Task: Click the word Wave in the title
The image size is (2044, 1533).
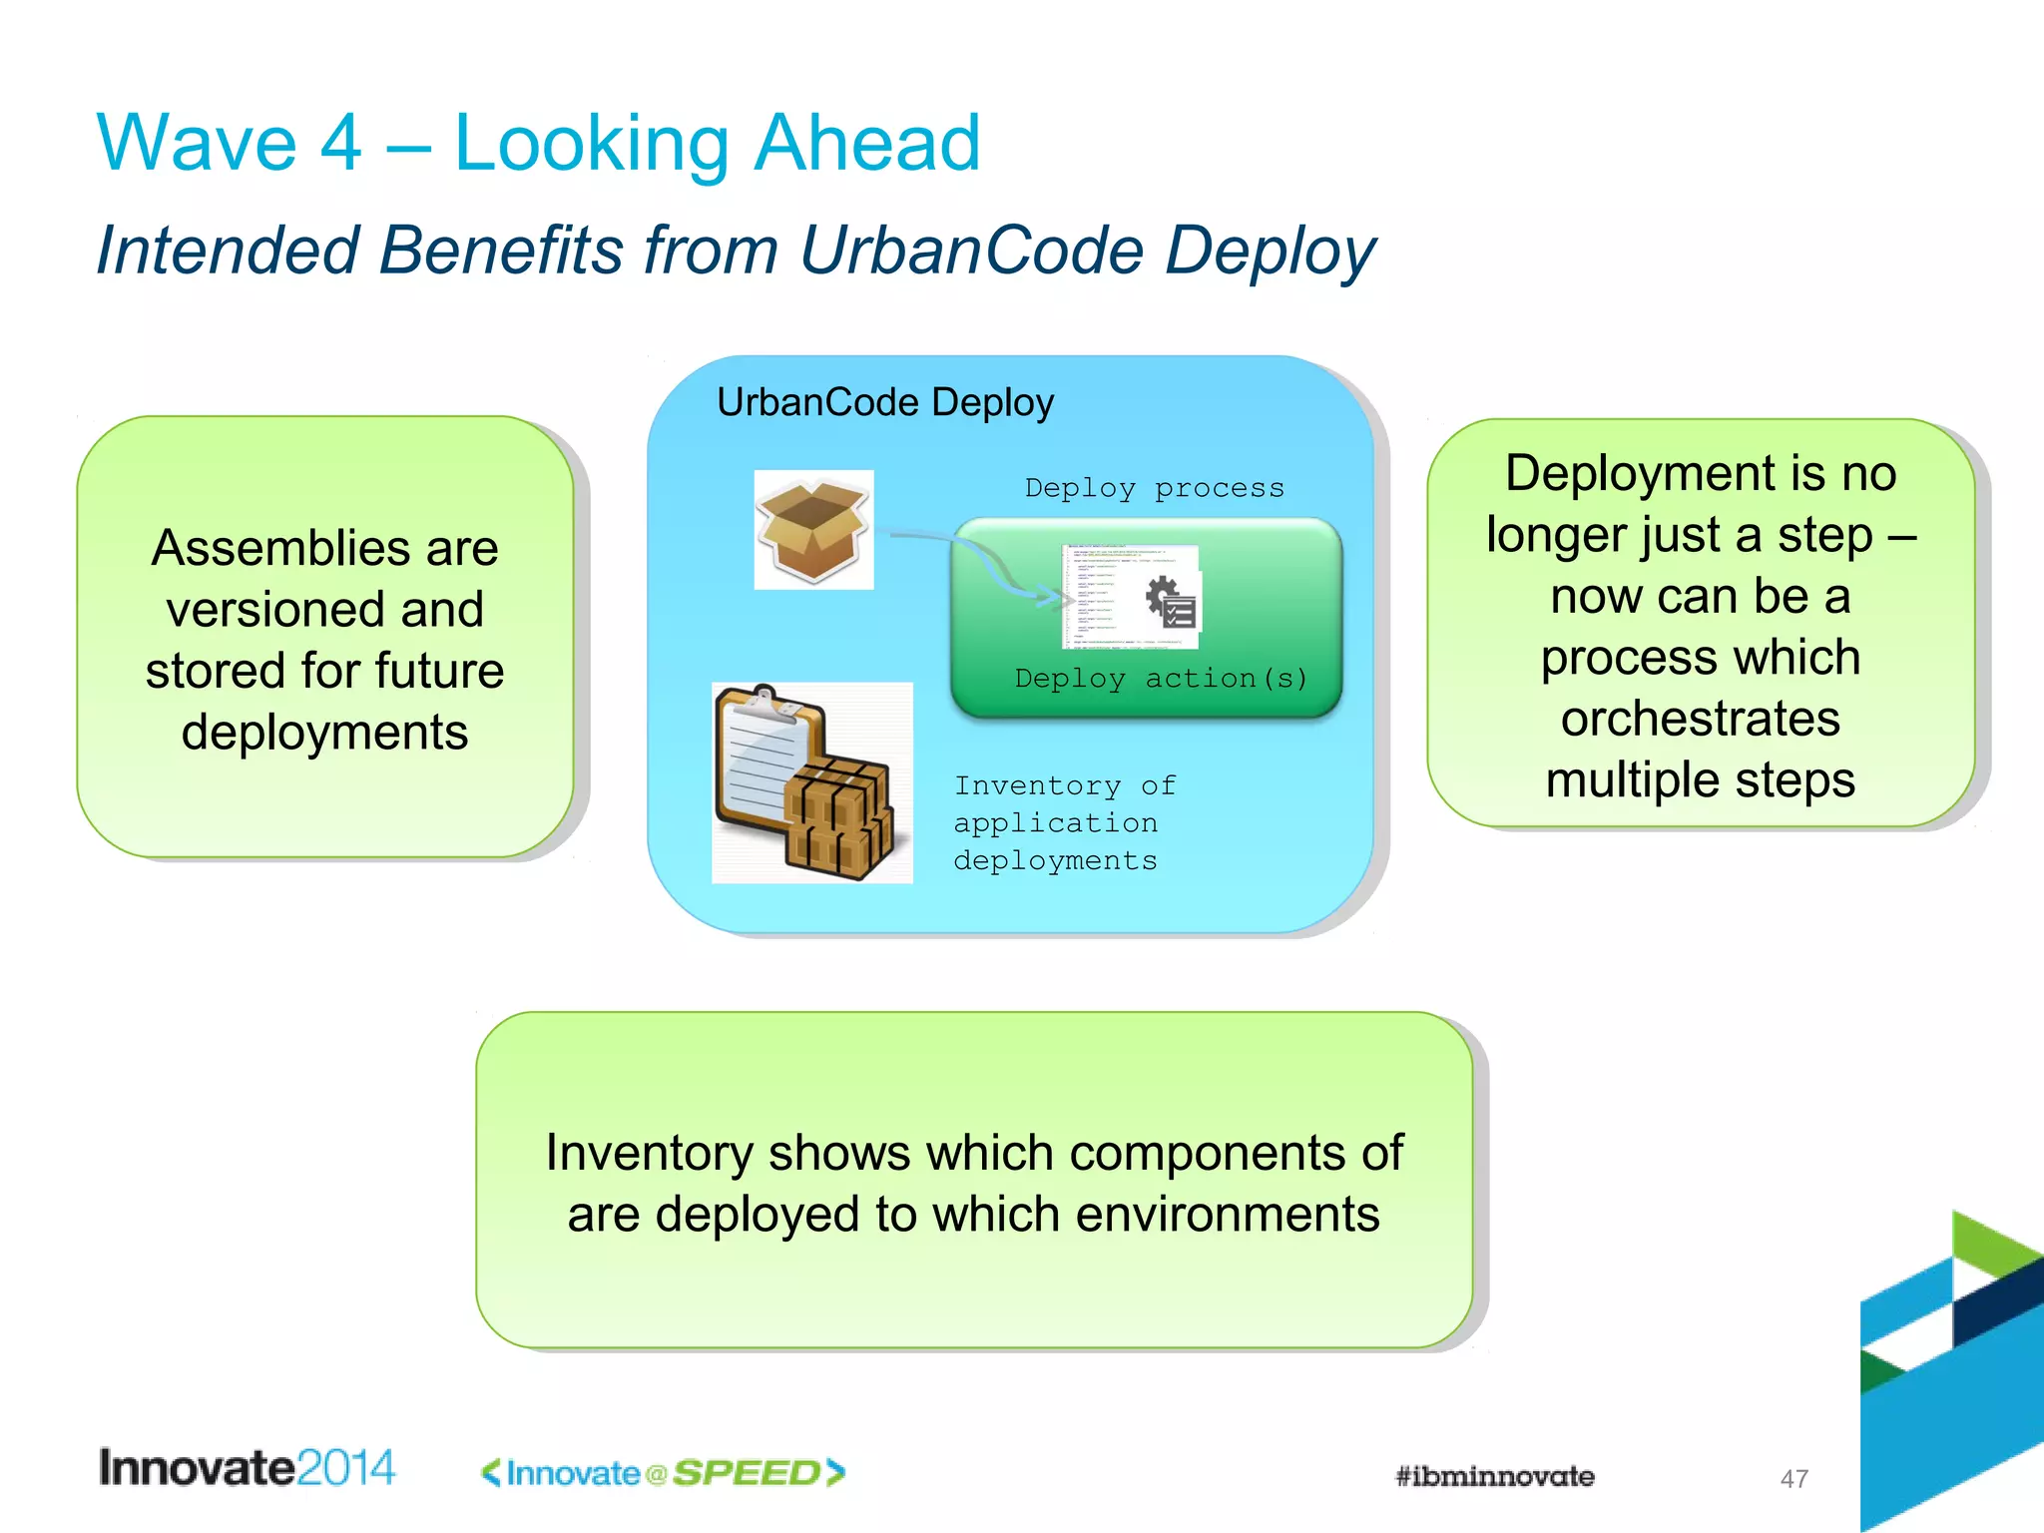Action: point(197,144)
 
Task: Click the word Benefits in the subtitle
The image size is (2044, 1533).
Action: point(501,250)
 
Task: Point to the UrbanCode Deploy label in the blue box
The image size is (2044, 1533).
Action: point(884,402)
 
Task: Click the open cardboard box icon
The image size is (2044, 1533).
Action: point(812,530)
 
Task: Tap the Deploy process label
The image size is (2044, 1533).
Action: point(1154,488)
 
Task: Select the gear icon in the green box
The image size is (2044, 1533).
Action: point(1163,596)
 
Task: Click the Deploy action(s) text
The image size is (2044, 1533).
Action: point(1161,679)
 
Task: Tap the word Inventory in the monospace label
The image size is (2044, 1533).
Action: point(1037,785)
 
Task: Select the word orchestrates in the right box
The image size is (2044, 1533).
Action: point(1700,719)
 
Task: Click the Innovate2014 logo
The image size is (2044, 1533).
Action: point(247,1468)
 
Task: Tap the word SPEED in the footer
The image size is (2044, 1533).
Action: point(747,1473)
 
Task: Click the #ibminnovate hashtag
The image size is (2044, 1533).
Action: point(1494,1476)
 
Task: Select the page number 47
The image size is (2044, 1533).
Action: point(1793,1479)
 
